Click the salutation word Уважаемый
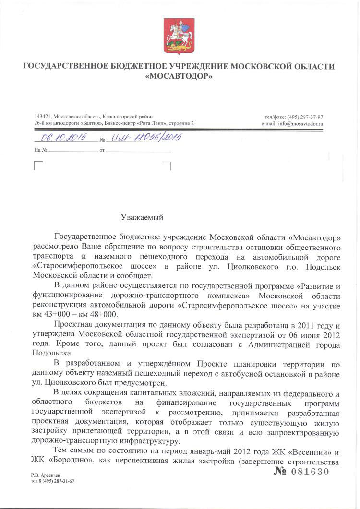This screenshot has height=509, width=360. (142, 217)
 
